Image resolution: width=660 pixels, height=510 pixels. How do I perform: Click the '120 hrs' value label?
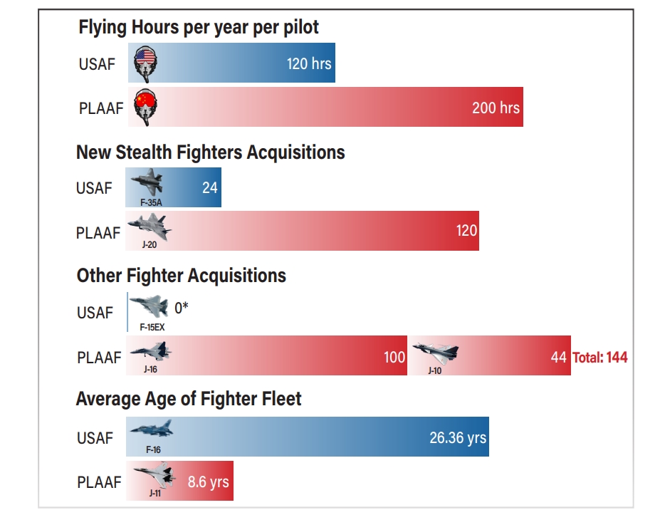coord(309,63)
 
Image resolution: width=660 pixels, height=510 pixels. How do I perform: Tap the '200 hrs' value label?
coord(496,108)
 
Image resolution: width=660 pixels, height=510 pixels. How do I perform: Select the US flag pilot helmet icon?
coord(145,64)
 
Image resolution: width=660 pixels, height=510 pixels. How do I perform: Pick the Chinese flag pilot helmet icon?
coord(145,108)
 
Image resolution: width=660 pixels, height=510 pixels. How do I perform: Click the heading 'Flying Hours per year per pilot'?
coord(199,28)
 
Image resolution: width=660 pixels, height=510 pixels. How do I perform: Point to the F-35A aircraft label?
coord(150,202)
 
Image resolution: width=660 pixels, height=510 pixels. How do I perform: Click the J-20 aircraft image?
coord(150,228)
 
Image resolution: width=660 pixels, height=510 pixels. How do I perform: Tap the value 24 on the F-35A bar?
coord(209,188)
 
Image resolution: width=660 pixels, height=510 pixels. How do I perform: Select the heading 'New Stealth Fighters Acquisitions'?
coord(210,152)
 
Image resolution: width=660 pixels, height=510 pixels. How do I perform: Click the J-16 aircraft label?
coord(150,370)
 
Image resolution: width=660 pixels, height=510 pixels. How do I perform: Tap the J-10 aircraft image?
coord(436,353)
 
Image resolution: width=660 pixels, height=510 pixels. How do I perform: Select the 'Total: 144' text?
coord(600,357)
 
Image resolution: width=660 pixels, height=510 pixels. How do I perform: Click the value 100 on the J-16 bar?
coord(394,357)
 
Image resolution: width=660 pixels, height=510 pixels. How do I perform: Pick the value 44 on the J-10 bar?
coord(558,357)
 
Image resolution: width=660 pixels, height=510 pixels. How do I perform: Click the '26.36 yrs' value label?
coord(458,437)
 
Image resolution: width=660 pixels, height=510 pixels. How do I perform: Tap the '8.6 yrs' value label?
coord(209,482)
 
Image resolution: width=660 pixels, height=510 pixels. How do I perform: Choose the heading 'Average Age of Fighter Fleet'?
coord(189,399)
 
